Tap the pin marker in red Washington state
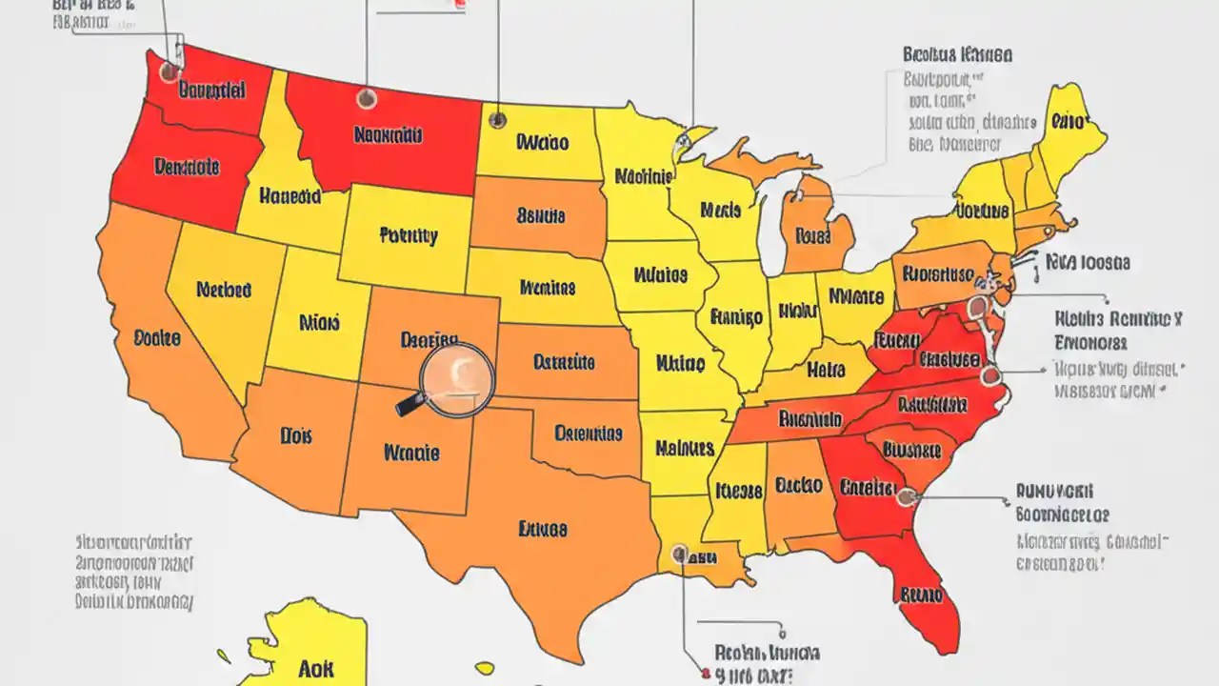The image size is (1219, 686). (x=170, y=71)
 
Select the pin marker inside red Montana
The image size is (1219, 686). (x=366, y=98)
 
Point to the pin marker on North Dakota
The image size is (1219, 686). (x=497, y=120)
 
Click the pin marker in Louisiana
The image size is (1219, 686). (x=678, y=552)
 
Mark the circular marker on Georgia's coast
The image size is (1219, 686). (x=906, y=495)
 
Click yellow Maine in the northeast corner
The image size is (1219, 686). (x=1071, y=124)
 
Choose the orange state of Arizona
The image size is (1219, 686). (x=295, y=438)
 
